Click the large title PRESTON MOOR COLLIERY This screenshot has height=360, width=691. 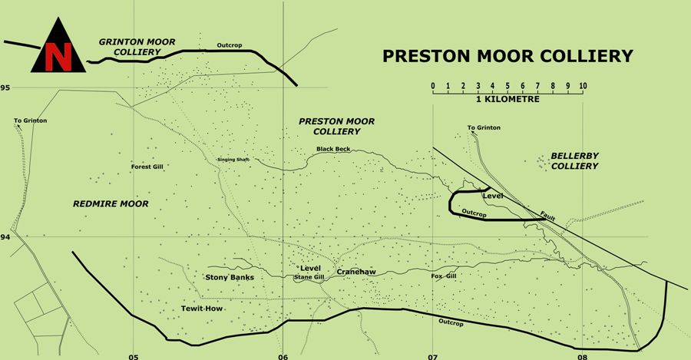coord(508,55)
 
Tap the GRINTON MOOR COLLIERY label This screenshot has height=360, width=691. coord(129,46)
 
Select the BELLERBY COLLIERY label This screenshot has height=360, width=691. coord(574,160)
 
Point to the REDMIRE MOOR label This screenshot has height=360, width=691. coord(110,203)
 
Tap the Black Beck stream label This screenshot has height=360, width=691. coord(333,149)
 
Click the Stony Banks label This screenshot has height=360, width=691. coord(230,276)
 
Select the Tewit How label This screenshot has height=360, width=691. coord(201,308)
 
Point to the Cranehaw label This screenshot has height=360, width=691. coord(355,271)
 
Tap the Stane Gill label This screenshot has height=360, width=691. coord(309,277)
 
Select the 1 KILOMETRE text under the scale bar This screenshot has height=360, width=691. coord(508,100)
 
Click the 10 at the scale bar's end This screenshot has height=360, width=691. coord(583,85)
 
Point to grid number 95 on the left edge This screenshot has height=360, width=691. coord(5,88)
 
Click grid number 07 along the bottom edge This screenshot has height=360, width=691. coord(432,356)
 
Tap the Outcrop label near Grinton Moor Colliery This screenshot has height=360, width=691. coord(230,45)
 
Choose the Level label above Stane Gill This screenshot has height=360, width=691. coord(310,268)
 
